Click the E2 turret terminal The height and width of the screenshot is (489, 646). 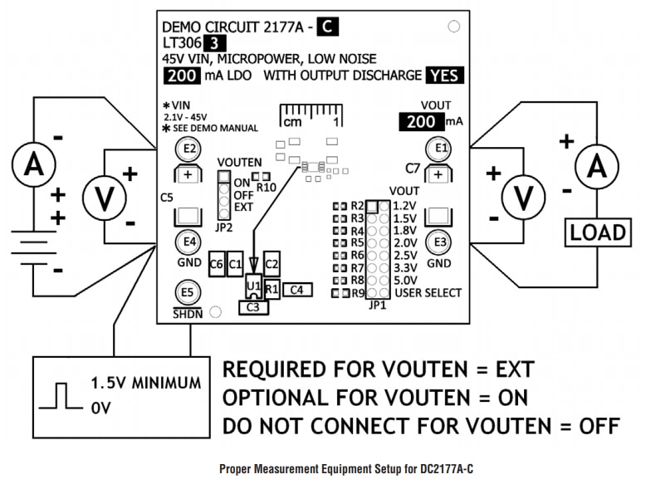(189, 149)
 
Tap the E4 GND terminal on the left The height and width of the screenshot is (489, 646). (189, 242)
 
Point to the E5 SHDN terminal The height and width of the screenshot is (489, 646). (188, 292)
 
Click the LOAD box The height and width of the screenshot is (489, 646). (597, 232)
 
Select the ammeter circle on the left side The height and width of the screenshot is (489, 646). (34, 164)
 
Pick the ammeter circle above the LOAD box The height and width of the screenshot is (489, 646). (597, 167)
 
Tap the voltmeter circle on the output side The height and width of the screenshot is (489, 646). (524, 198)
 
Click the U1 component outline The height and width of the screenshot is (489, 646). (253, 287)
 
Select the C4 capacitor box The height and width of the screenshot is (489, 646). (297, 290)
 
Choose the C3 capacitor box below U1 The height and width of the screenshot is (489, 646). (252, 307)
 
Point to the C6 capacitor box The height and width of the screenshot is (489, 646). (217, 264)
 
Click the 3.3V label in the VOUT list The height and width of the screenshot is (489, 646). (404, 267)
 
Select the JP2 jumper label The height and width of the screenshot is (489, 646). (223, 226)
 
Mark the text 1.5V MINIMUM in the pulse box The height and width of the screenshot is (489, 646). (145, 384)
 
